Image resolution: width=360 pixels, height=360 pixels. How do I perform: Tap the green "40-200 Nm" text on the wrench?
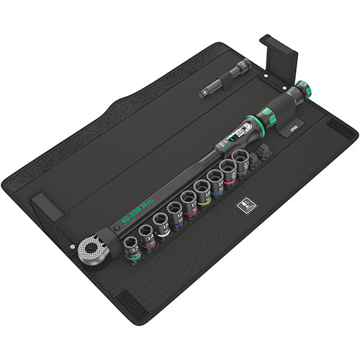138,207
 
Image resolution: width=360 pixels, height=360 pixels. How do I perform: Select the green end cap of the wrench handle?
305,89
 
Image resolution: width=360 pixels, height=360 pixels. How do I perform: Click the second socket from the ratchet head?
148,233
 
